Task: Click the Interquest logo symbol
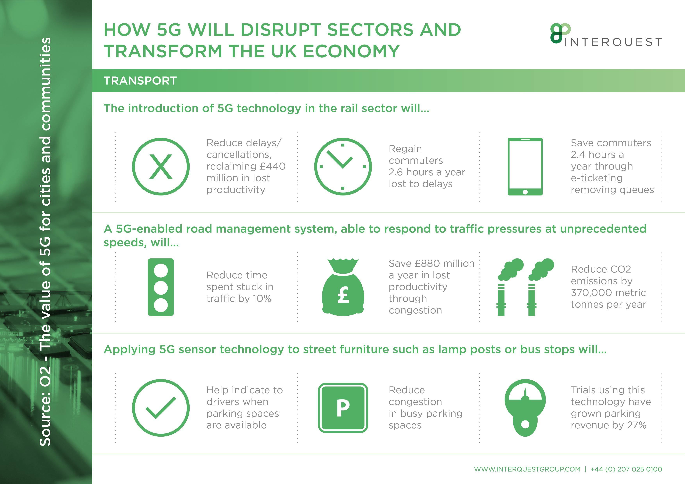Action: [560, 33]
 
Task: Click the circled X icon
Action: [161, 167]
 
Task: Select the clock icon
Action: [343, 167]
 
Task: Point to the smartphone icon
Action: [525, 167]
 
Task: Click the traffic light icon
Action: [161, 287]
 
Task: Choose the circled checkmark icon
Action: [161, 408]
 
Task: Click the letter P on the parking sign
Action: [343, 408]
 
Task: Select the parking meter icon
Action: [525, 408]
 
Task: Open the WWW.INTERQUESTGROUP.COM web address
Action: [527, 469]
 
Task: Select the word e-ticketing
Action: [597, 178]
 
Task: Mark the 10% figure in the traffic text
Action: [262, 299]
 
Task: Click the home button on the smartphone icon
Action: [525, 192]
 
